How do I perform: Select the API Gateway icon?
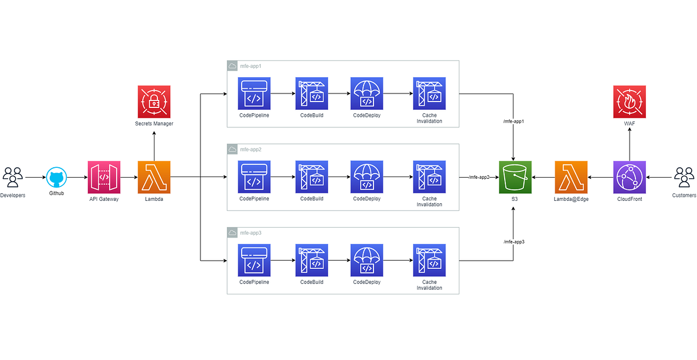coord(105,177)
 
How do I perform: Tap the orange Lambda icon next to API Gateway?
coord(154,177)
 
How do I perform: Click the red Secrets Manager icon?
coord(154,102)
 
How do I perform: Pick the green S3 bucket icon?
coord(515,177)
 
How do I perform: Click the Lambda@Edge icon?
coord(571,177)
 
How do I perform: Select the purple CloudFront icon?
coord(629,177)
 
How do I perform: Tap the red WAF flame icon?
coord(629,102)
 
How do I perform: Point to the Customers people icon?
coord(684,176)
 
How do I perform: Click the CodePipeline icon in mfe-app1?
coord(254,93)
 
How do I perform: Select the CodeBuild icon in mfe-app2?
coord(311,177)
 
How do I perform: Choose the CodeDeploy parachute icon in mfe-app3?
coord(367,261)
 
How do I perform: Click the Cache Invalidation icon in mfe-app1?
coord(429,93)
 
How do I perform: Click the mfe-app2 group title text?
coord(251,150)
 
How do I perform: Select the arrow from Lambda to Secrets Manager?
coord(154,145)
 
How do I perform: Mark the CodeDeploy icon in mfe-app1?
coord(367,93)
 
